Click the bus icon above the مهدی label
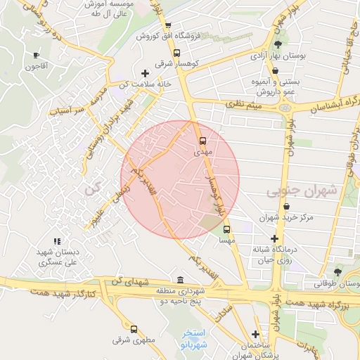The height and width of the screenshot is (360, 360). pos(202,140)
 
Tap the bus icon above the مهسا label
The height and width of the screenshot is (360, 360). pos(226,229)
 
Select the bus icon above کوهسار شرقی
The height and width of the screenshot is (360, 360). pos(176,52)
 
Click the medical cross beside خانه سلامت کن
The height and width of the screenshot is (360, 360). pos(145,72)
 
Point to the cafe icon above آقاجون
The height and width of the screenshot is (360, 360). pos(37,56)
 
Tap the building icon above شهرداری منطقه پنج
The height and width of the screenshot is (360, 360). pos(181,279)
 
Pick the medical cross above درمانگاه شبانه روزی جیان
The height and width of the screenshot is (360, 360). pos(274,238)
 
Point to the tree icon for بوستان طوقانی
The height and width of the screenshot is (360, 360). pos(338,273)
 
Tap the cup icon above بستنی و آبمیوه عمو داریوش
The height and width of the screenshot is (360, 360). pos(275,70)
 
